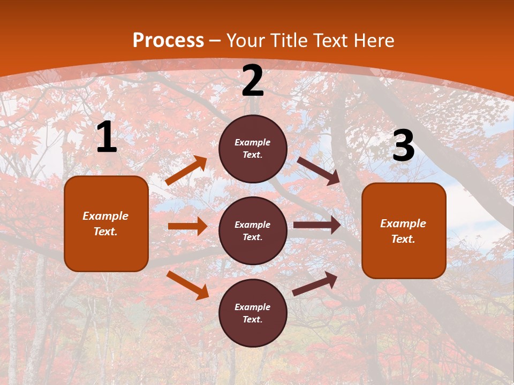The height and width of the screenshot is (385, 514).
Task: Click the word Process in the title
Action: [168, 41]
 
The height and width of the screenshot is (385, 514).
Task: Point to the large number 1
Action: [107, 137]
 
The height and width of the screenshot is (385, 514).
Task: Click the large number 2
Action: [253, 81]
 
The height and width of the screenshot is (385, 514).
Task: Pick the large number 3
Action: [403, 145]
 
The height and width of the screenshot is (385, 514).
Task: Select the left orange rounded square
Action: [106, 224]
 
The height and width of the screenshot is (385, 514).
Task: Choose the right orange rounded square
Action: [404, 230]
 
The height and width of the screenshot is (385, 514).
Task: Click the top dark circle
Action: [253, 149]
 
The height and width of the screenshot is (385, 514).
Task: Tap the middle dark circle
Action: [253, 230]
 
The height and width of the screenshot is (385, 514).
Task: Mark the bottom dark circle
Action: [253, 313]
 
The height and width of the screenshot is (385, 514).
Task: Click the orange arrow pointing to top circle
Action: [186, 171]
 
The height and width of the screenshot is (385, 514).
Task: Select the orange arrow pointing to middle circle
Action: [187, 226]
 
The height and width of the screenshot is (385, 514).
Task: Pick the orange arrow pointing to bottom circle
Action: [187, 285]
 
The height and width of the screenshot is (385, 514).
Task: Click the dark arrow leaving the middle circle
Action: [317, 225]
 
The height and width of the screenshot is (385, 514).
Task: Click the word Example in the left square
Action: [105, 216]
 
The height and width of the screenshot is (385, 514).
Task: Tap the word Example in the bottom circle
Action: [253, 307]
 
